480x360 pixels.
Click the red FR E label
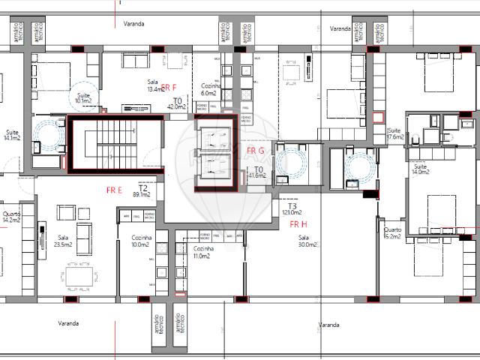click(x=115, y=190)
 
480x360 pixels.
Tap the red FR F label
click(x=169, y=87)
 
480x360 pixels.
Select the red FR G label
click(x=255, y=151)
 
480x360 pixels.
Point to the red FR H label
click(x=298, y=223)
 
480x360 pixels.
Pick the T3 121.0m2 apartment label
click(x=291, y=209)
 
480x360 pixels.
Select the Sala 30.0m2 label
click(x=306, y=241)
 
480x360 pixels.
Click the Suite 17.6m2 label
click(x=394, y=134)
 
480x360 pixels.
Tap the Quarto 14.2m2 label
click(x=10, y=217)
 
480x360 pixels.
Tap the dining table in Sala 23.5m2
click(x=80, y=278)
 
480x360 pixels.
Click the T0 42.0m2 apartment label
click(x=177, y=103)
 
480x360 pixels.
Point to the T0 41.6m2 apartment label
click(x=259, y=172)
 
